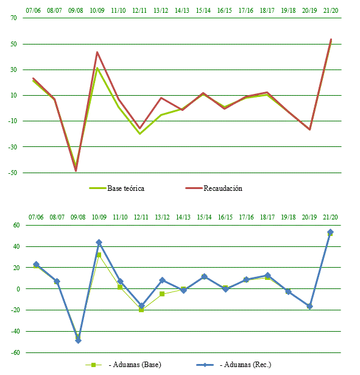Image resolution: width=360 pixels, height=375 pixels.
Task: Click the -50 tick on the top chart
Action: [x=13, y=173]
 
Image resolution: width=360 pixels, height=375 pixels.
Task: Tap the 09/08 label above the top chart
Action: [x=76, y=10]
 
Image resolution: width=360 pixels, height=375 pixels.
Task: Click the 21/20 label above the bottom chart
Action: [x=330, y=216]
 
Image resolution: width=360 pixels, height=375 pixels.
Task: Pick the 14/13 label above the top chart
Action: [x=182, y=10]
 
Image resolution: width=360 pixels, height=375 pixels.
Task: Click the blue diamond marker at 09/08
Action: [x=78, y=340]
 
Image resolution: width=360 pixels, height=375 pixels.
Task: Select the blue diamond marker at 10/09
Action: [x=99, y=243]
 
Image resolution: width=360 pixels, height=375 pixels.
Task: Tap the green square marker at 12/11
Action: [x=141, y=310]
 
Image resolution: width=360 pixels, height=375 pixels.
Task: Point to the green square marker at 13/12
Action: [x=162, y=294]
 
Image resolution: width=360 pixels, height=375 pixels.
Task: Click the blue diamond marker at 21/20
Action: [x=330, y=232]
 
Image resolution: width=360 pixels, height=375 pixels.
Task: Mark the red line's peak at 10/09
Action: [x=97, y=52]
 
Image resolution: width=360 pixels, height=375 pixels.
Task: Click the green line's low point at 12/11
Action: [x=140, y=134]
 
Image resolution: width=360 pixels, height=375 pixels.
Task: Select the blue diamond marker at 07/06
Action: [x=36, y=265]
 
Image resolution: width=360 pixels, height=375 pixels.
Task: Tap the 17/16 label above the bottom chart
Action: [x=246, y=216]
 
